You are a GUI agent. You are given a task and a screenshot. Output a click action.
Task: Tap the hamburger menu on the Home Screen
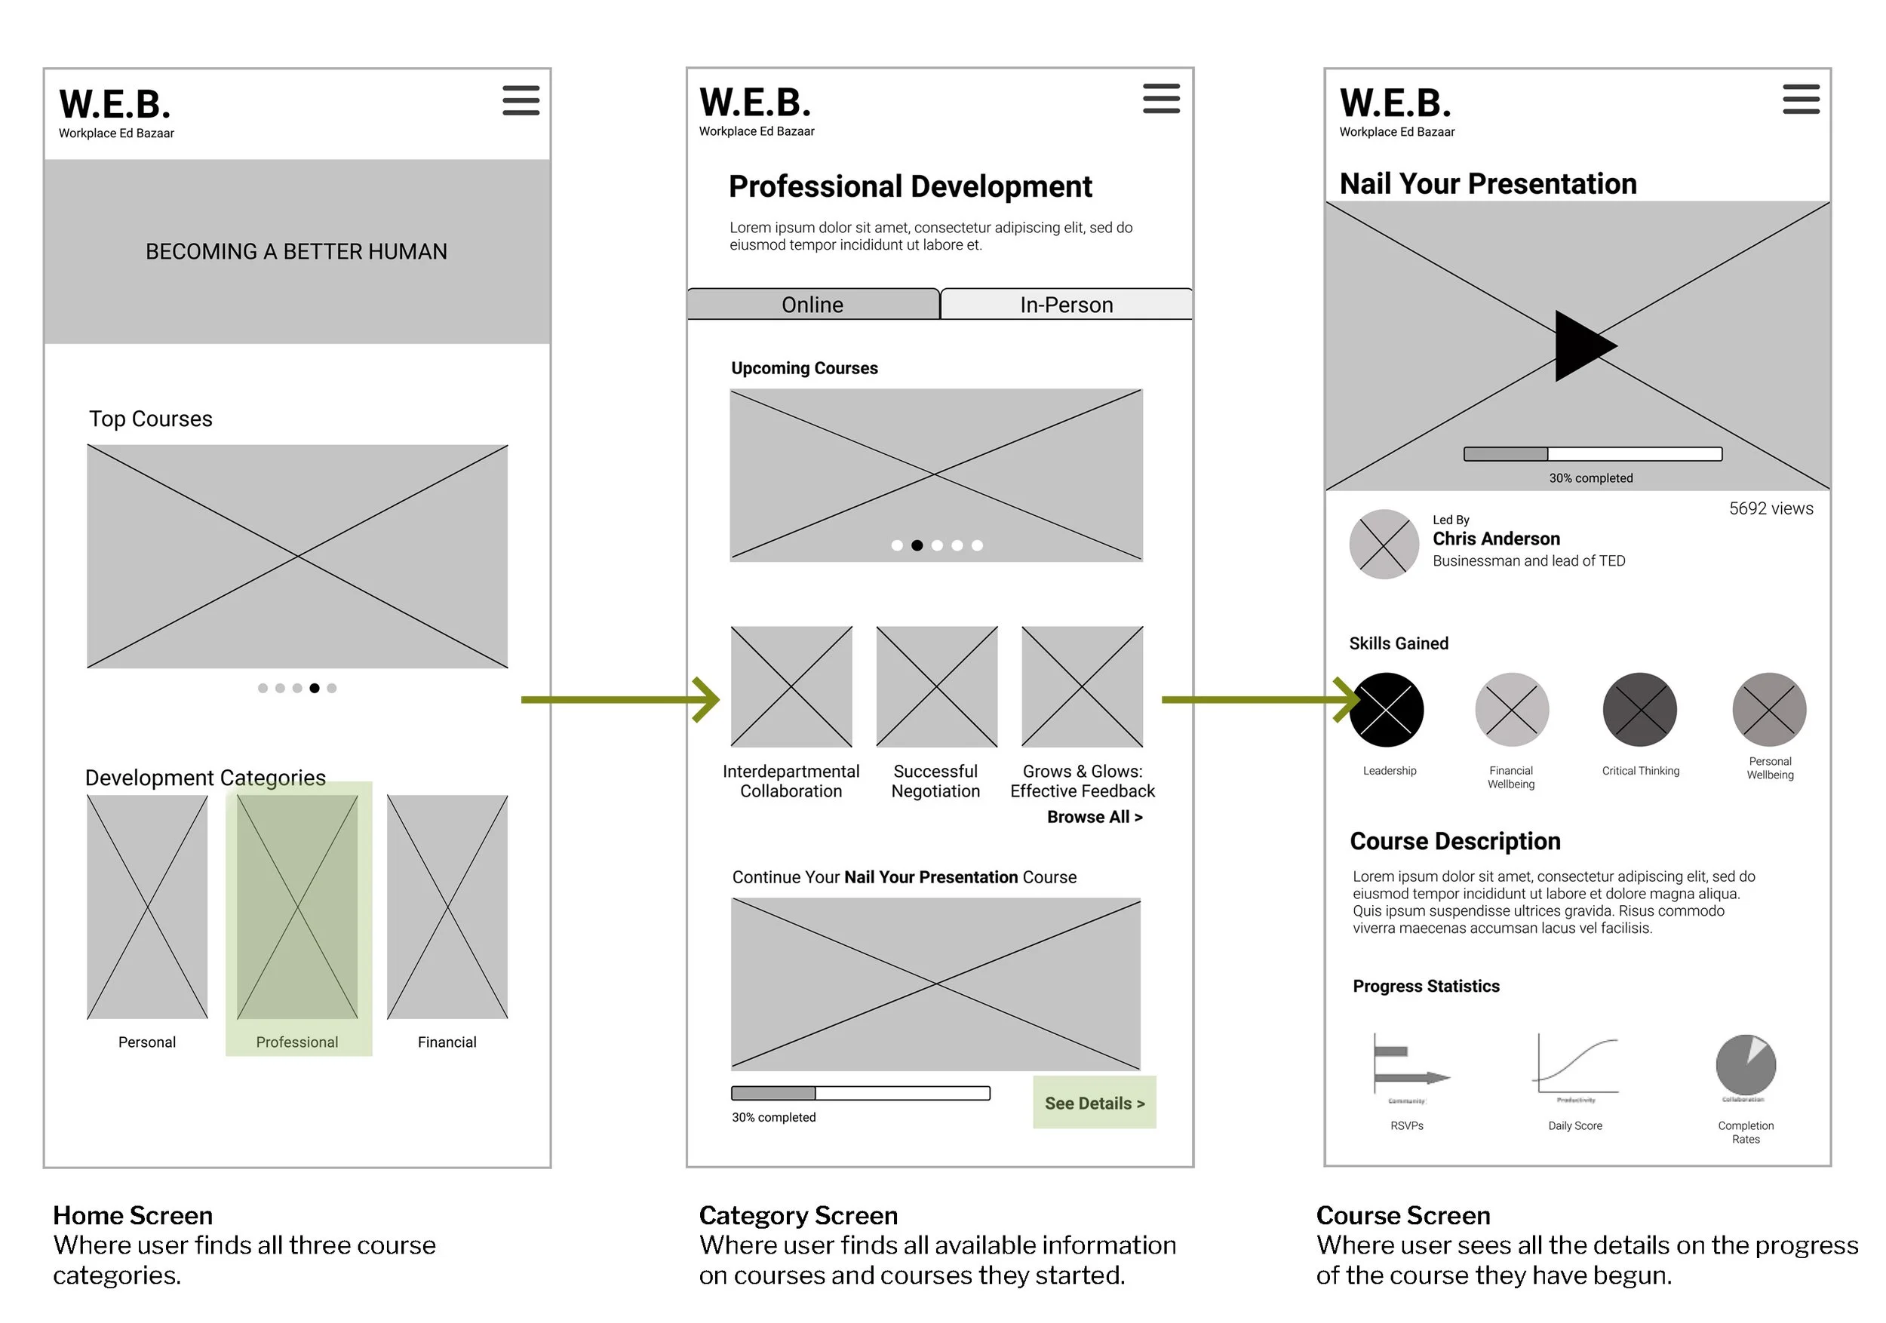coord(521,100)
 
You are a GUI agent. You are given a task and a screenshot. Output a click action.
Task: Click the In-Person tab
coord(1066,305)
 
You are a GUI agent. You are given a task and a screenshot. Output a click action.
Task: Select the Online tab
coord(812,305)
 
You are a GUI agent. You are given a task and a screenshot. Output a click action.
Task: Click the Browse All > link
coord(1094,817)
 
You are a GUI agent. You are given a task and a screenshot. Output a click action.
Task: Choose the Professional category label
coord(296,1042)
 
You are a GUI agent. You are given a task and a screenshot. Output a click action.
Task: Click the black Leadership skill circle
coord(1387,710)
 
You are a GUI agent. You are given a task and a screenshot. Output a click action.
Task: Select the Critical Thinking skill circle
coord(1639,710)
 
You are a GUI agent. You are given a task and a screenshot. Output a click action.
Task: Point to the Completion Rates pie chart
coord(1746,1065)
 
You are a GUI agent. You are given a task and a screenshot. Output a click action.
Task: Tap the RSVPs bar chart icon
coord(1408,1065)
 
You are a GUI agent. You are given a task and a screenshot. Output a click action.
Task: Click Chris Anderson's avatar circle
coord(1384,544)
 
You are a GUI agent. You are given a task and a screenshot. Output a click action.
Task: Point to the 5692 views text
coord(1771,508)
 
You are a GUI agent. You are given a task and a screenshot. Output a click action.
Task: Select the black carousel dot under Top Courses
coord(315,688)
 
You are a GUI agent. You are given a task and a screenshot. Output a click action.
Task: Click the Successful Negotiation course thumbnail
coord(936,686)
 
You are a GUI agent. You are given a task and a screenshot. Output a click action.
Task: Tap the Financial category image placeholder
coord(447,907)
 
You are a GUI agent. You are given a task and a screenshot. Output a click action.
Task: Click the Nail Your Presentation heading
coord(1488,184)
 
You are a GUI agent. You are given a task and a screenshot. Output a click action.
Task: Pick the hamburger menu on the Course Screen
coord(1801,100)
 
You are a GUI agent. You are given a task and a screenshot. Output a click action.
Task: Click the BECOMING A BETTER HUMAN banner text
coord(296,251)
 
